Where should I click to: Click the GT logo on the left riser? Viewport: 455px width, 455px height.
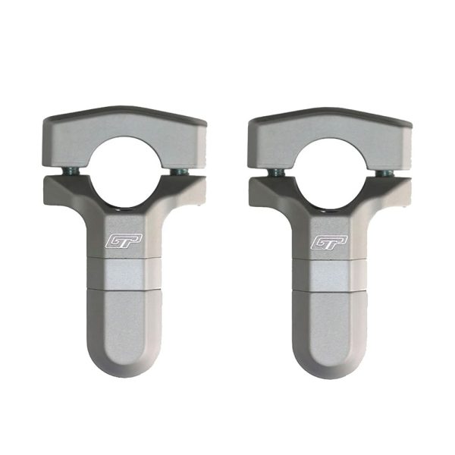tap(124, 241)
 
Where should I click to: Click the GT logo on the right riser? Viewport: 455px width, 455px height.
tap(329, 243)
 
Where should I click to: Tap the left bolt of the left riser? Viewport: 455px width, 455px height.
tap(71, 172)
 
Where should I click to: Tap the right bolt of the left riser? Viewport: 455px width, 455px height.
tap(180, 172)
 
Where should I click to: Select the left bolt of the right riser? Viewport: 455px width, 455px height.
tap(276, 173)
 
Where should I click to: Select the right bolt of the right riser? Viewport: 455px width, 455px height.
tap(384, 173)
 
